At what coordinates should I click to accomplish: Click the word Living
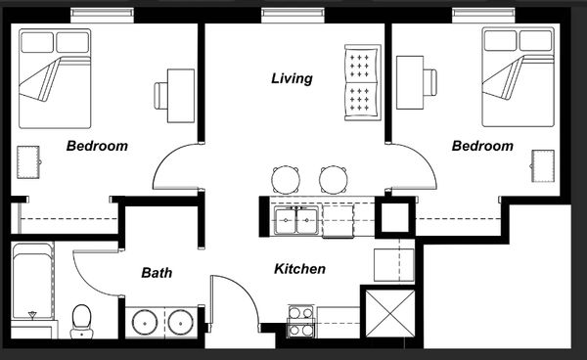pos(292,78)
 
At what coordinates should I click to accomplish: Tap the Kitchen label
pos(300,269)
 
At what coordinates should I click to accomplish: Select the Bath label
pos(157,272)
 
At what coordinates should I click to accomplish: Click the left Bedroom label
pos(97,146)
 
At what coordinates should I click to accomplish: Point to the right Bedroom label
pos(482,146)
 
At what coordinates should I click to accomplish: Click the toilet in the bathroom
pos(81,321)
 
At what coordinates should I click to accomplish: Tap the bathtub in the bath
pos(32,281)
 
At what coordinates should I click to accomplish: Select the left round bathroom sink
pos(145,322)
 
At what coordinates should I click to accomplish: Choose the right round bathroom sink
pos(180,322)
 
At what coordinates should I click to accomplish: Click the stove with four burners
pos(301,321)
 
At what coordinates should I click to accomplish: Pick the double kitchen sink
pos(296,220)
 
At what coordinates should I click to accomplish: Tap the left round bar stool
pos(286,179)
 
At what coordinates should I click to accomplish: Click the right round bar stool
pos(334,179)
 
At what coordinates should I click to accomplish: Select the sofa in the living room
pos(362,83)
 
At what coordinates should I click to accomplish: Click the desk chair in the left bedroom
pos(161,96)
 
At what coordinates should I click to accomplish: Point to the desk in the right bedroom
pos(410,83)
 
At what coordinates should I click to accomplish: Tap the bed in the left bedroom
pos(55,78)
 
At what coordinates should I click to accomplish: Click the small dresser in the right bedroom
pos(542,166)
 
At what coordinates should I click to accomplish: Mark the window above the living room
pos(293,15)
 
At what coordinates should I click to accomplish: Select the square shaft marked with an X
pos(390,313)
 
